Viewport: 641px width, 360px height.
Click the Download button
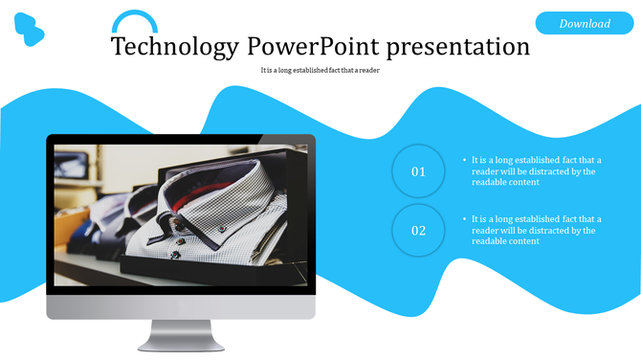585,23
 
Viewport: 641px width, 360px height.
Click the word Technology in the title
174,46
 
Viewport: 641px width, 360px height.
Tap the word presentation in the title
453,46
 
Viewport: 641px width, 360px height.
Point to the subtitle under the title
320,70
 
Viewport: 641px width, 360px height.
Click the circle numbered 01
418,172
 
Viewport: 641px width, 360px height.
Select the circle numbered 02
418,231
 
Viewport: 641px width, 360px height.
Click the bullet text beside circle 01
536,171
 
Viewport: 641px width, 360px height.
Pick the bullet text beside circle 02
536,230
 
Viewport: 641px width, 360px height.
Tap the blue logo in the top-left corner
29,31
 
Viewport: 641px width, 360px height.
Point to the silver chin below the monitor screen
180,307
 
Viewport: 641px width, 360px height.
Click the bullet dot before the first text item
464,161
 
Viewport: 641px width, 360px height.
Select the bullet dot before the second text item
464,219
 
